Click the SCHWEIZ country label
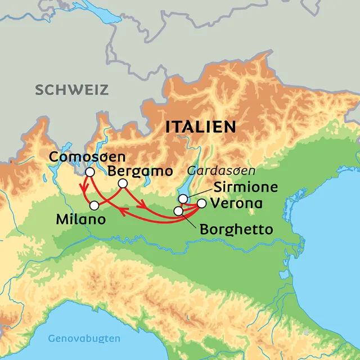pos(71,89)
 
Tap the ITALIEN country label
pos(201,127)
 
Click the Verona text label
pos(236,204)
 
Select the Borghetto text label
pos(236,230)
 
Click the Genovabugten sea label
pos(84,339)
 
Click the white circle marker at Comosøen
pos(89,172)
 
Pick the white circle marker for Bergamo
pos(123,184)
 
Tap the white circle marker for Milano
pos(94,205)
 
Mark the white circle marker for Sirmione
pos(183,199)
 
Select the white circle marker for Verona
pos(201,203)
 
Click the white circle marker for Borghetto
pos(178,211)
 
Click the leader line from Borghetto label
pos(190,220)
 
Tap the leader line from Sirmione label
pos(194,193)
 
